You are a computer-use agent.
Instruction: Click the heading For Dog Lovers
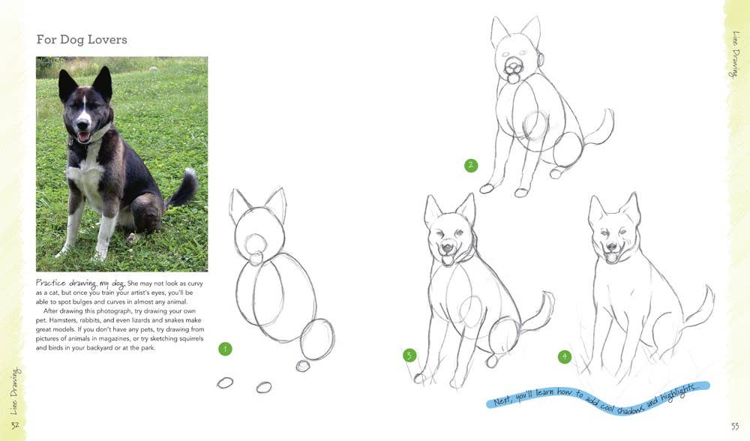[x=82, y=39]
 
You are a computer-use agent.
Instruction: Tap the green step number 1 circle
[x=225, y=349]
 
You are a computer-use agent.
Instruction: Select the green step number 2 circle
[x=471, y=166]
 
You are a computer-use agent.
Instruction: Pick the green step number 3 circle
[x=409, y=355]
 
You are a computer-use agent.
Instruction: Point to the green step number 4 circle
[x=565, y=356]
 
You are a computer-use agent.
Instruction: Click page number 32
[x=15, y=425]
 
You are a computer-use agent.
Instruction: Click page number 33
[x=735, y=426]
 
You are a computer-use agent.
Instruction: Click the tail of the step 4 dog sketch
[x=699, y=306]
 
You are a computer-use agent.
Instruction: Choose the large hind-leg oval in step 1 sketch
[x=317, y=340]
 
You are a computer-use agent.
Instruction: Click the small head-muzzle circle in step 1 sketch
[x=256, y=245]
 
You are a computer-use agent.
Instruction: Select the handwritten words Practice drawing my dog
[x=80, y=283]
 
